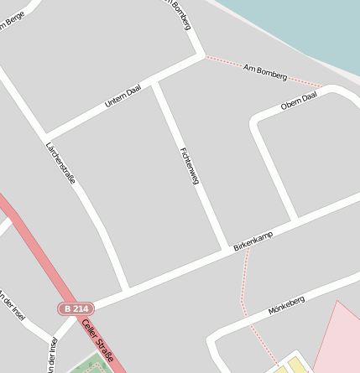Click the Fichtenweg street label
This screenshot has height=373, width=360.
coord(189,166)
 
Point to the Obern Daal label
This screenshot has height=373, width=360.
coord(300,101)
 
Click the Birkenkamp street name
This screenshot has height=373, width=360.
coord(253,241)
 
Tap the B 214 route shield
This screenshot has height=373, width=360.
coord(75,308)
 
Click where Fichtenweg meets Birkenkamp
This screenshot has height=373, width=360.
coord(226,249)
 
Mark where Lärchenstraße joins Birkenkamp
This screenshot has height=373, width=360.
coord(128,288)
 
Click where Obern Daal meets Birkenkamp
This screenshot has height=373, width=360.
coord(295,220)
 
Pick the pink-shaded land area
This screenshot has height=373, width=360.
coord(336,335)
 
